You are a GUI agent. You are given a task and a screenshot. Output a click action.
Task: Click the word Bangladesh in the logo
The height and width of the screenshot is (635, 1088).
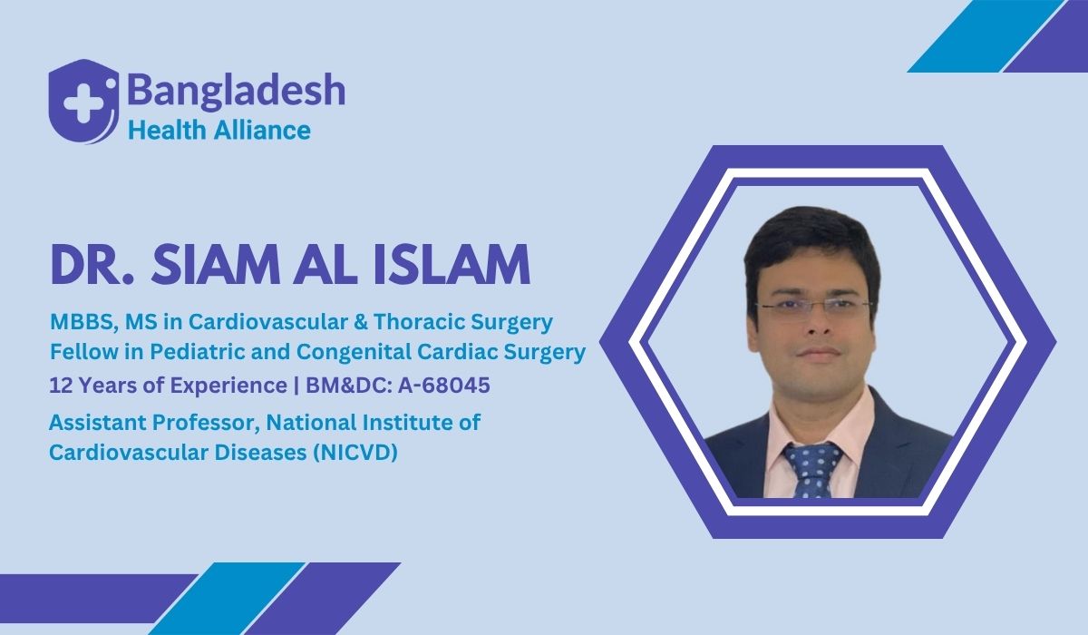coord(236,91)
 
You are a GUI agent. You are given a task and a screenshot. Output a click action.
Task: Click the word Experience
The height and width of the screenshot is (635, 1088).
coord(227,386)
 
